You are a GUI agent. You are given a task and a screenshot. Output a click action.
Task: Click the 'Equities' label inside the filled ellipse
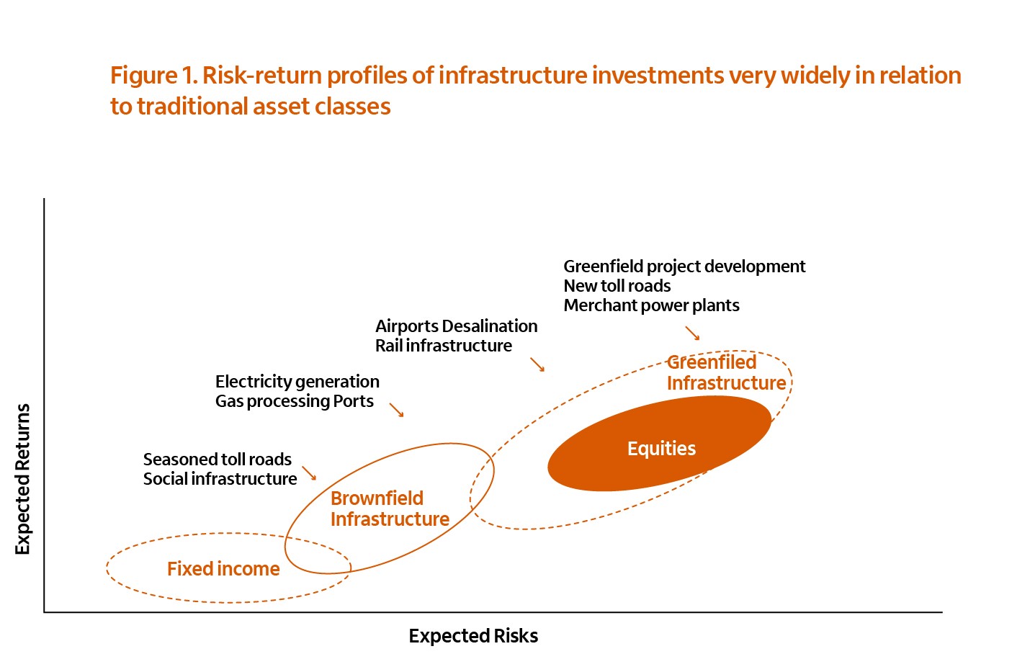(x=661, y=449)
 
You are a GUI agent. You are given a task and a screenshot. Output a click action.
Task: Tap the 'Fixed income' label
(x=223, y=568)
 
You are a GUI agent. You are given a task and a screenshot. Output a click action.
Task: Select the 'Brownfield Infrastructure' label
(x=390, y=509)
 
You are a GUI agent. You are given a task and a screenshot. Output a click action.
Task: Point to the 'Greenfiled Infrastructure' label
(x=727, y=372)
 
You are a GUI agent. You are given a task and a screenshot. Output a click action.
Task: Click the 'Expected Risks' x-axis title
(x=473, y=635)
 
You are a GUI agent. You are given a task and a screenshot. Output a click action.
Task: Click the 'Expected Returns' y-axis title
(x=22, y=479)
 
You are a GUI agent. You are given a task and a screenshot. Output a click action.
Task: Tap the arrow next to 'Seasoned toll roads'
(x=309, y=473)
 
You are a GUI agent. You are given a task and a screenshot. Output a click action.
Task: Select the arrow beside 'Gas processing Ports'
(x=396, y=410)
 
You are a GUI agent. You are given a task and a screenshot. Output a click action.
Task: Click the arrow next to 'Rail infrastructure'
(x=537, y=364)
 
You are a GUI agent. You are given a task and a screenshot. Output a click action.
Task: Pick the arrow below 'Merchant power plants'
(x=692, y=333)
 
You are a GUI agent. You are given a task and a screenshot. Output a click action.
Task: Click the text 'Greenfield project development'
(x=684, y=266)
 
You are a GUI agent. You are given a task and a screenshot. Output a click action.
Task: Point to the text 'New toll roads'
(x=617, y=286)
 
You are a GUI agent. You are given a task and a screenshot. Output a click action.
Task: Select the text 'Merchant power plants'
(x=651, y=306)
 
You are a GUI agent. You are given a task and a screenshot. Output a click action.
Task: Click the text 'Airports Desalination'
(x=457, y=326)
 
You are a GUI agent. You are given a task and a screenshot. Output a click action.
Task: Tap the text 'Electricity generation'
(x=297, y=382)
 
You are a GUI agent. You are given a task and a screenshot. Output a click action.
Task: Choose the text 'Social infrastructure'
(x=220, y=479)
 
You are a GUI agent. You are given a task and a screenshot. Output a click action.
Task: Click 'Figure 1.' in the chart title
(x=155, y=76)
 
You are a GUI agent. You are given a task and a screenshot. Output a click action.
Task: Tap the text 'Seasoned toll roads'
(x=218, y=460)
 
